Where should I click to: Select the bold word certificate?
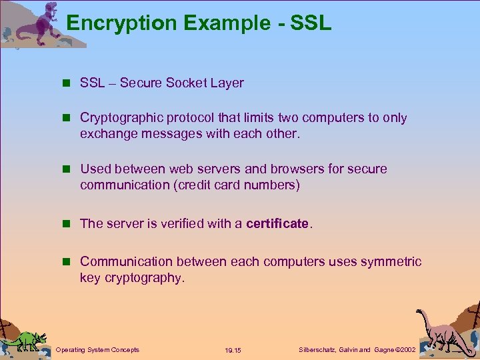click(x=277, y=224)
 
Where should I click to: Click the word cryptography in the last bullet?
click(x=143, y=278)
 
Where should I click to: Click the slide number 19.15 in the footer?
click(x=233, y=350)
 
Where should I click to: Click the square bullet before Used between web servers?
click(x=66, y=169)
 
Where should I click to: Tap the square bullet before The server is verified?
click(x=66, y=224)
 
